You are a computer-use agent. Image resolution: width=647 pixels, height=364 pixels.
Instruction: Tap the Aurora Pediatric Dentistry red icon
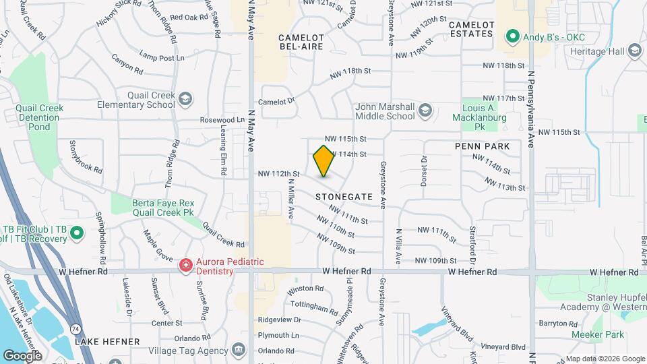(x=185, y=266)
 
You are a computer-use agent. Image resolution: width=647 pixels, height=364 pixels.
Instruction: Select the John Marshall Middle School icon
(x=425, y=110)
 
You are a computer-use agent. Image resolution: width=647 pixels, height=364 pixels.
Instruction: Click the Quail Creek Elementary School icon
(x=185, y=100)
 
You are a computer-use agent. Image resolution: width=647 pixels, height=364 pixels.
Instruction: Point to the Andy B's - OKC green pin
(x=513, y=36)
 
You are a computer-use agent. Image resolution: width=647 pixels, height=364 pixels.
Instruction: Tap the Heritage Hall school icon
(x=634, y=51)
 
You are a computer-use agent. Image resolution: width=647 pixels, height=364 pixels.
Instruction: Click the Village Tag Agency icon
(x=237, y=350)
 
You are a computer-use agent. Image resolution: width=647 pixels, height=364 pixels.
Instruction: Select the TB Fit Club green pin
(x=77, y=233)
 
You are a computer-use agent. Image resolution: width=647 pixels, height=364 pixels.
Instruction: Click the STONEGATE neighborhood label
(x=344, y=196)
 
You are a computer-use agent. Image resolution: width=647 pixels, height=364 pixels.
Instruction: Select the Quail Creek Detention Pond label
(x=40, y=117)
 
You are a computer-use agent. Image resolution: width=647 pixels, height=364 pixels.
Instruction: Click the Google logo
(x=22, y=355)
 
